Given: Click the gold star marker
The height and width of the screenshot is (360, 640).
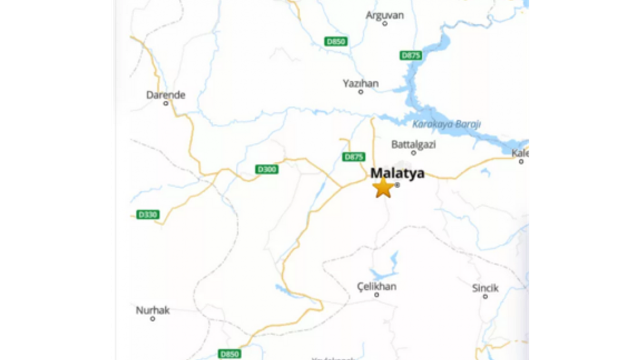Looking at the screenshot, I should point(383,188).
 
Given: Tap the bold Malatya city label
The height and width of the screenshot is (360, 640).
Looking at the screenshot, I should point(397,173).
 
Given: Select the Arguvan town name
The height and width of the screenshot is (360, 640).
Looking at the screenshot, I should point(384,15).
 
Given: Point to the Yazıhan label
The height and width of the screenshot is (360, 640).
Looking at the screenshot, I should point(360,83).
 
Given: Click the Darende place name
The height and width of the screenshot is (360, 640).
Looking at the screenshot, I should point(165,95).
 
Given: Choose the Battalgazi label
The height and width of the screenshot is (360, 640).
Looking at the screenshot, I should point(413,144).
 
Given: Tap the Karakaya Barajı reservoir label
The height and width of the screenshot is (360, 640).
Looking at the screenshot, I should point(446,124).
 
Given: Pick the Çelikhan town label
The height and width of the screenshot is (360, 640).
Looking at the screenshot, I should point(376,286).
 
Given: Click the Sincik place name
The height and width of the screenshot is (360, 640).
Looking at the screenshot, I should point(485,288).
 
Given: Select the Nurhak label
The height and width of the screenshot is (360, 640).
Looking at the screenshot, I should point(153,310).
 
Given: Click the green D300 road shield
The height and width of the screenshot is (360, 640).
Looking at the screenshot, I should point(266,169).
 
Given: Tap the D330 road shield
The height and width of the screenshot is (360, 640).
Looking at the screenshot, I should point(147,214).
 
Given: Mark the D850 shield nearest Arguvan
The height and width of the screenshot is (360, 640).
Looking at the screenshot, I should point(335,41).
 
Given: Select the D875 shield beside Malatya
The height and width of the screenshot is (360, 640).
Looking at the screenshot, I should point(353,157).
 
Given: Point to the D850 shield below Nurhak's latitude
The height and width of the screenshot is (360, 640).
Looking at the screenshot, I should point(229,354).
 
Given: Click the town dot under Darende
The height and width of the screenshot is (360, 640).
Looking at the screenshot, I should point(165,103).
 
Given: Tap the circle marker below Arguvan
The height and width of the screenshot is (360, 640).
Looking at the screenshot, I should point(384,23).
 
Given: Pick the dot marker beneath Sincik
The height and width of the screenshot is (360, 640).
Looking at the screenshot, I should point(485,296).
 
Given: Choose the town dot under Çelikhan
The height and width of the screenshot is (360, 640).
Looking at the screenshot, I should point(376,295).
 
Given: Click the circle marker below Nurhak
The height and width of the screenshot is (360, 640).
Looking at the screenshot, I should point(153,318).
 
